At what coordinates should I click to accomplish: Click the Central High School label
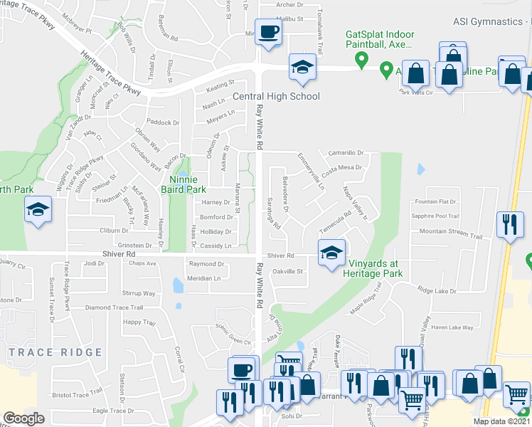click(277, 96)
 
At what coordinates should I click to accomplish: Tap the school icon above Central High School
click(302, 68)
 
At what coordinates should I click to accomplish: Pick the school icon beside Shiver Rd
click(331, 253)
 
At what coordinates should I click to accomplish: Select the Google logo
click(23, 418)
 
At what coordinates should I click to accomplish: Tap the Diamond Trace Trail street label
click(115, 307)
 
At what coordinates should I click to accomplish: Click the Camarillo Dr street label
click(346, 152)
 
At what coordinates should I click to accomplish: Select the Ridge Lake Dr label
click(436, 290)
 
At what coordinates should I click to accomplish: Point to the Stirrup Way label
click(138, 292)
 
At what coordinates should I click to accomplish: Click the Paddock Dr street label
click(164, 122)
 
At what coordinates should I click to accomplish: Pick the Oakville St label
click(289, 271)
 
